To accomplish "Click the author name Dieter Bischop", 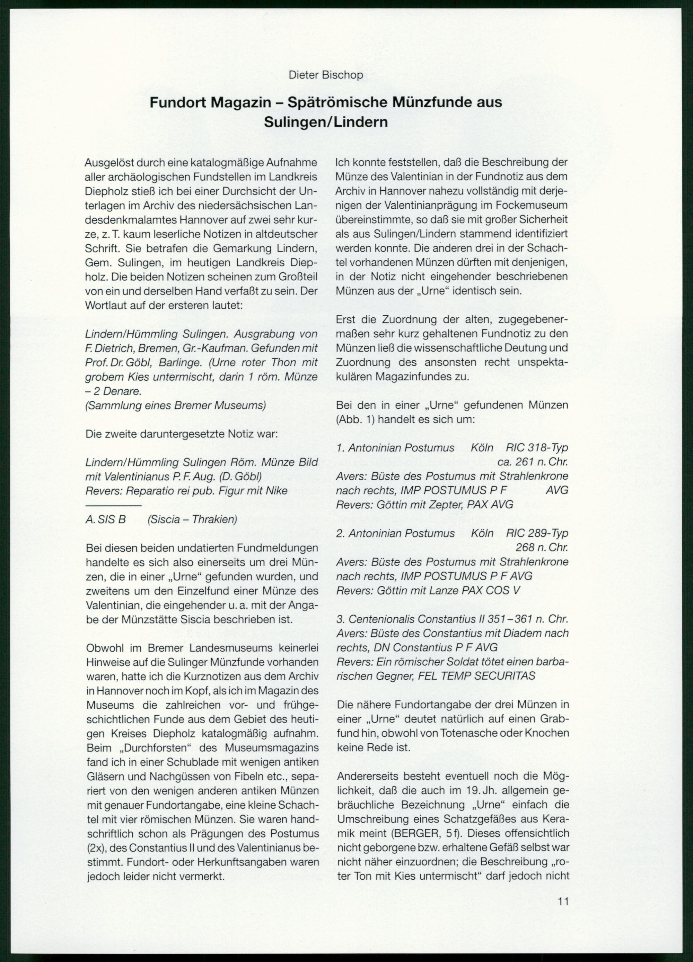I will (x=326, y=75).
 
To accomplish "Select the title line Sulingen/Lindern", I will (x=326, y=122).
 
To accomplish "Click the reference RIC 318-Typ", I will (x=537, y=448).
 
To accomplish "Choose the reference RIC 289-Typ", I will (x=537, y=533).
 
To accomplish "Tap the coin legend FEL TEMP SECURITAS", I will (x=477, y=676).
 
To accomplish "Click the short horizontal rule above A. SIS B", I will (x=113, y=506).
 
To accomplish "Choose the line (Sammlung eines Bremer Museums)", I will (x=176, y=406).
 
